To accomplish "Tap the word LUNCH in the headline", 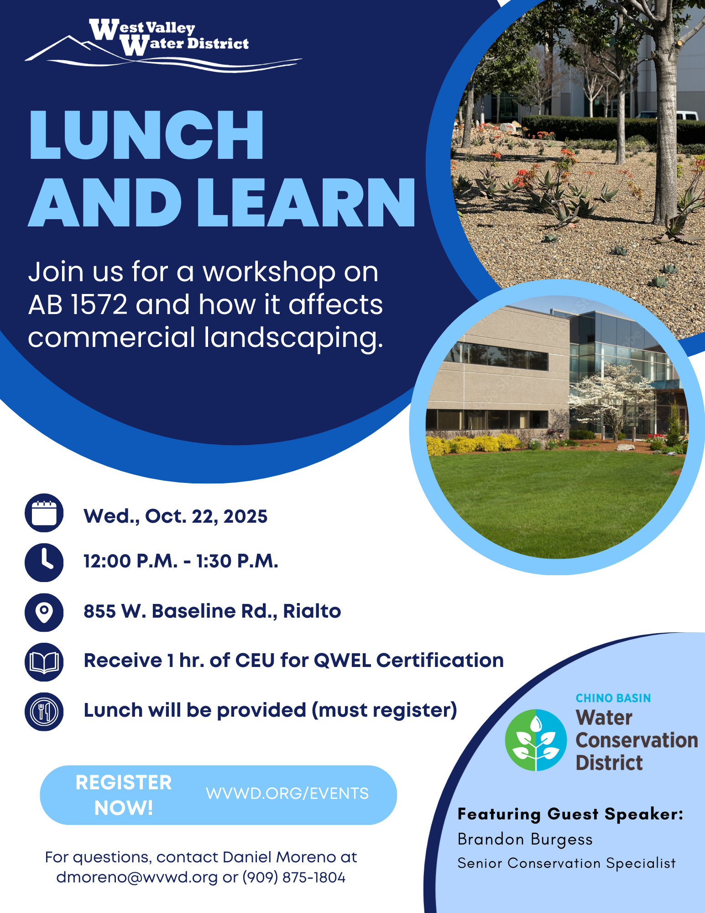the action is coord(146,135).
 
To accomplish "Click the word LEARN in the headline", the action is coord(307,202).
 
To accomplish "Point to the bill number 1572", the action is coord(99,304).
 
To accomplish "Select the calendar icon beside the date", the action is coord(44,513).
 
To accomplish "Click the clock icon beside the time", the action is coord(44,562).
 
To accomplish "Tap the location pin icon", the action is coord(44,612).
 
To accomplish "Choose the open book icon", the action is coord(44,662).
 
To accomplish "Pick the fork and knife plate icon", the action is coord(44,711).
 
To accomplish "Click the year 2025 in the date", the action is coord(245,516).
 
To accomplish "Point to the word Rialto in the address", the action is coord(312,611).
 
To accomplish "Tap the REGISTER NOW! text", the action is coord(124,795).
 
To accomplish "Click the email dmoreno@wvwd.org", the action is coord(137,877).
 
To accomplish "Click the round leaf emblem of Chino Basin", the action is coord(536,740).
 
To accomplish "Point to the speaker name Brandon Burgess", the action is coord(525,840).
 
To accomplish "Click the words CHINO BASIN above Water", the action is coord(613,698).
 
